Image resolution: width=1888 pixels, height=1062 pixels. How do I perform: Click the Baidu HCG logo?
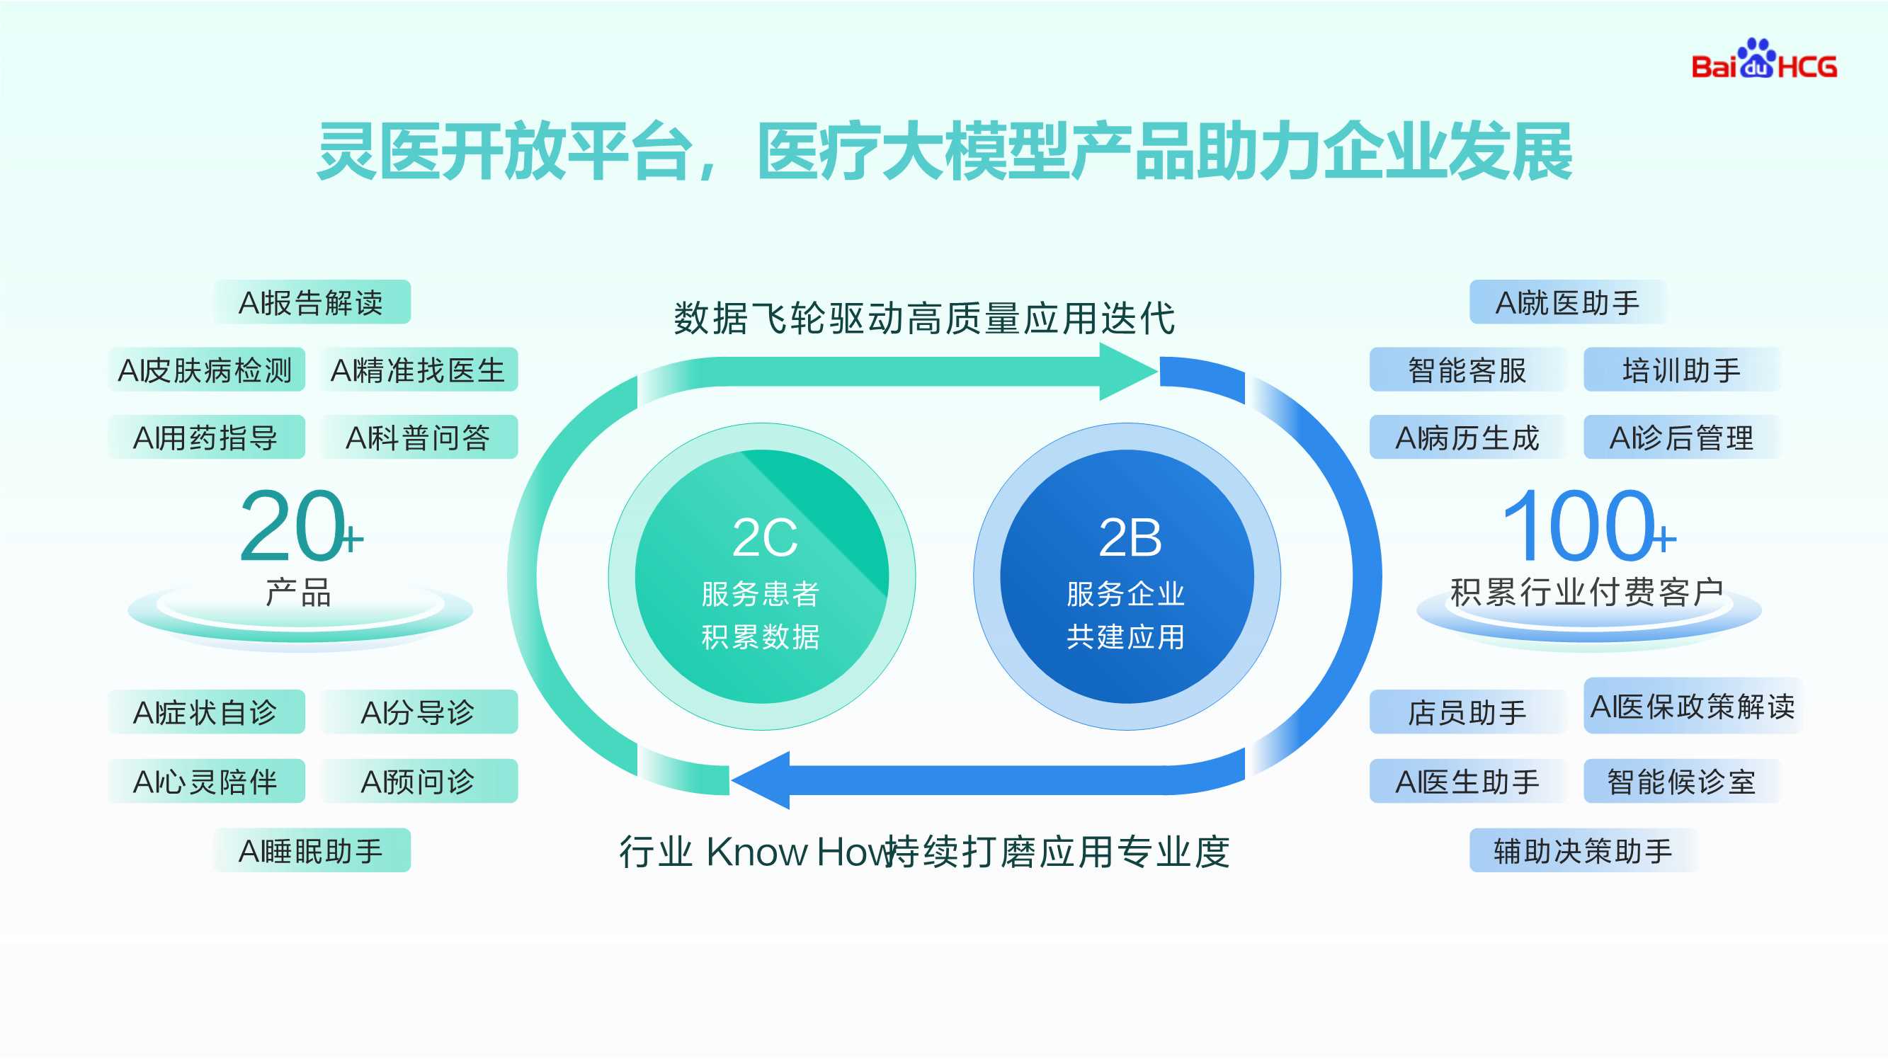1763,60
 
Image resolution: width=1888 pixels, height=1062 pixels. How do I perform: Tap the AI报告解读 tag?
312,302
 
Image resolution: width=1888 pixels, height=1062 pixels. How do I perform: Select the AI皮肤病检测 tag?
206,370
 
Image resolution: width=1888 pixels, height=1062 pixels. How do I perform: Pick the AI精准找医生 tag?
419,370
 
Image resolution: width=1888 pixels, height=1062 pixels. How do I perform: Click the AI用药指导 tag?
206,438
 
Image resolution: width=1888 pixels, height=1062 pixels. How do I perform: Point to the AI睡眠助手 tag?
312,850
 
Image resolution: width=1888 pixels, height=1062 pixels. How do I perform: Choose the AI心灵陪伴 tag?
206,782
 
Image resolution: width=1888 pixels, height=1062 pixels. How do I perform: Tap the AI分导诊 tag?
419,712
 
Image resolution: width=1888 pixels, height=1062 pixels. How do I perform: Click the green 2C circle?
761,577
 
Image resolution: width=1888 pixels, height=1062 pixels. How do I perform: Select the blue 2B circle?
1127,577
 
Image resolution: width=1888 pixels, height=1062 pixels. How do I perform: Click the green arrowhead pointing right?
1125,372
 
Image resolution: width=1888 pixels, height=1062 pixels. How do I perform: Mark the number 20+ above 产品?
299,526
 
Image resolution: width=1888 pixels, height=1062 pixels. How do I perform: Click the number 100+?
1587,526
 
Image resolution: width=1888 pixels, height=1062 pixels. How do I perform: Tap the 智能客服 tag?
1467,370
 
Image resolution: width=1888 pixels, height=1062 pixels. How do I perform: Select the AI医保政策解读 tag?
1693,707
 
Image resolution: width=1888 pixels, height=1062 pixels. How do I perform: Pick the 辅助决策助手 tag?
1582,850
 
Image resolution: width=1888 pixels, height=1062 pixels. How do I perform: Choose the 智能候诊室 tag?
1681,782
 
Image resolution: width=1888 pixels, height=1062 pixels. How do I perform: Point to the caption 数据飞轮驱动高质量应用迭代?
924,318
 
